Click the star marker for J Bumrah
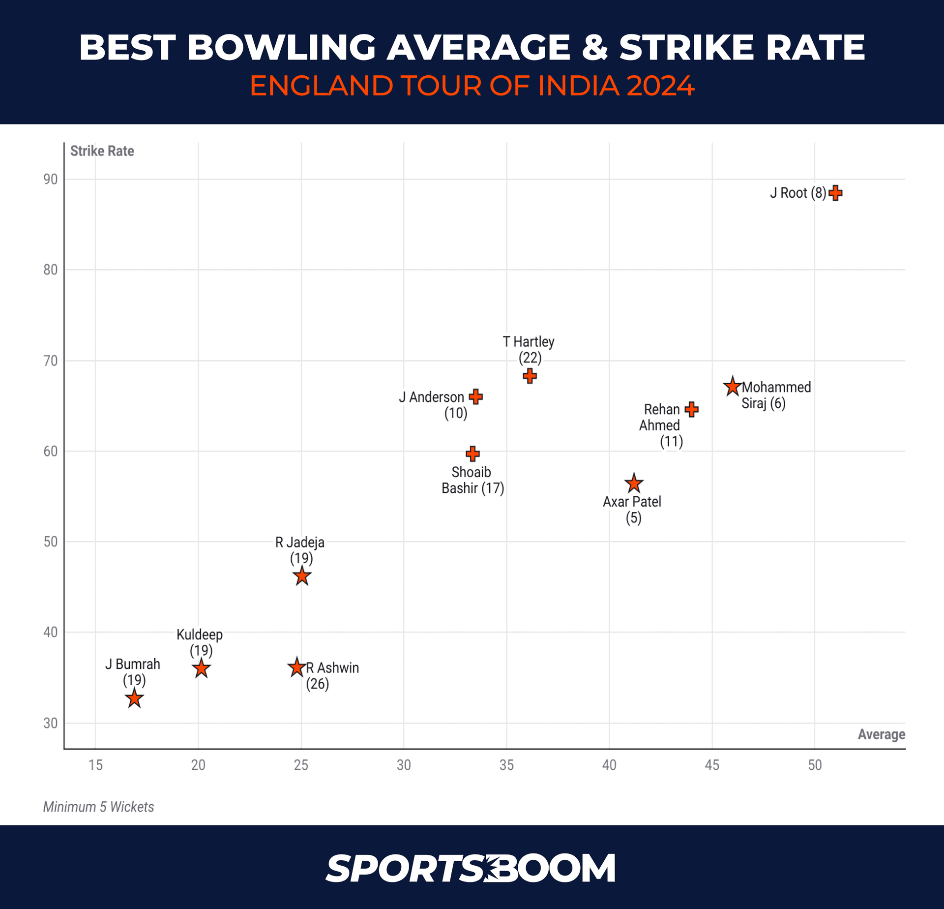(x=134, y=699)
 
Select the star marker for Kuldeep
(x=201, y=669)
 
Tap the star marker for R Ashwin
(x=296, y=668)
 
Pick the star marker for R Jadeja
(x=302, y=576)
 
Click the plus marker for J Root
(x=835, y=193)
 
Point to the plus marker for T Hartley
(x=530, y=376)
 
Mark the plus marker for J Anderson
(x=475, y=396)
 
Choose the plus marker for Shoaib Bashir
(x=472, y=454)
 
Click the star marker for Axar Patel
(x=634, y=484)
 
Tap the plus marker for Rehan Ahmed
(x=691, y=409)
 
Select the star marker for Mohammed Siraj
(x=732, y=387)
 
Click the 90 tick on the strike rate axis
(x=50, y=180)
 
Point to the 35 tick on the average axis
(x=506, y=765)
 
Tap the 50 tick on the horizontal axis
(x=815, y=765)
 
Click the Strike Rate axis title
(x=102, y=151)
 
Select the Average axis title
(x=881, y=734)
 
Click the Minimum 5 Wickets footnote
(x=98, y=807)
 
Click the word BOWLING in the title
(x=281, y=48)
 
